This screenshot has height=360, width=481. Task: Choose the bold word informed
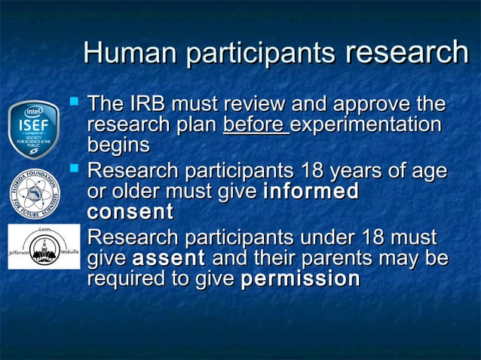(x=311, y=191)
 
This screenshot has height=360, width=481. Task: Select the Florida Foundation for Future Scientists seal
(x=34, y=193)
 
